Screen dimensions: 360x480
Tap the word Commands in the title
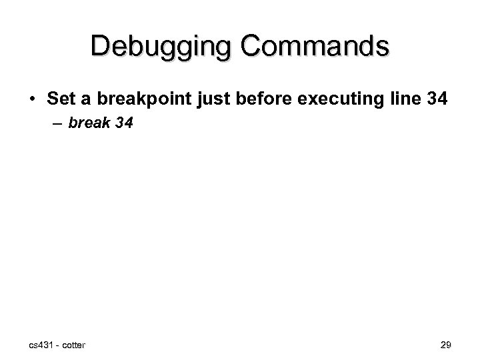tap(316, 47)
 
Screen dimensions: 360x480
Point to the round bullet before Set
tap(33, 100)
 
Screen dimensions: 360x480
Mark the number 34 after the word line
tap(427, 100)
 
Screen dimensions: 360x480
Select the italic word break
tap(89, 125)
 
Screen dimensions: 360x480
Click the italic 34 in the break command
tap(125, 125)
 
